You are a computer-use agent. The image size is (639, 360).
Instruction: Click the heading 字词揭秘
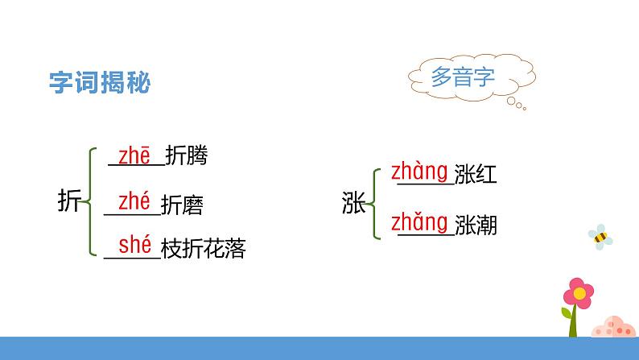[x=100, y=84]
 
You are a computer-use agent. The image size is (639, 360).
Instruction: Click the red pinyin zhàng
[x=418, y=171]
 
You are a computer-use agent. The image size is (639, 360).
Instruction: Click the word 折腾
[x=186, y=157]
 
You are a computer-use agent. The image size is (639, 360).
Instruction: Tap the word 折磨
[x=182, y=206]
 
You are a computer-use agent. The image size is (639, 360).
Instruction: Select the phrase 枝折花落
[x=203, y=250]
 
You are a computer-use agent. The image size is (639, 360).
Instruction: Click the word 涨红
[x=475, y=175]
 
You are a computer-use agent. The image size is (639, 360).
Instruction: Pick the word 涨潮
[x=475, y=226]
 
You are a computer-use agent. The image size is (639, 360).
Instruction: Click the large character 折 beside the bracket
[x=70, y=201]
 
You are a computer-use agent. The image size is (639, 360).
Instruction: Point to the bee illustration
[x=600, y=237]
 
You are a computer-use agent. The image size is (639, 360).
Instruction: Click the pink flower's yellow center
[x=577, y=292]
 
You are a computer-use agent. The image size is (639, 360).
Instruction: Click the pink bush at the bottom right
[x=614, y=324]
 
